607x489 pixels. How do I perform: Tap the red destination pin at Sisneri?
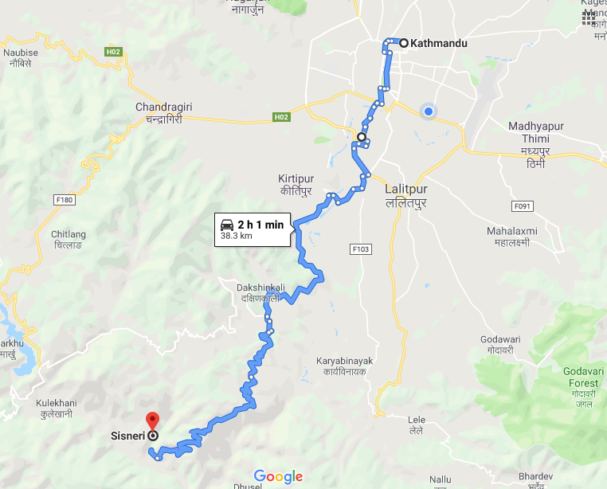coord(152,420)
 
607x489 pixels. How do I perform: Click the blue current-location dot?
coord(429,111)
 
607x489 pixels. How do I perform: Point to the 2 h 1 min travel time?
coord(260,225)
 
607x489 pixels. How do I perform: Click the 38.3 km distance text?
coord(237,237)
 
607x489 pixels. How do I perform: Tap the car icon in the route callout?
coord(227,225)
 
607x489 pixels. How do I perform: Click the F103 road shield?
coord(361,249)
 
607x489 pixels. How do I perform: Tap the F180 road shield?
coord(65,200)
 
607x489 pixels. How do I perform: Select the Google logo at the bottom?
coord(279,476)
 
